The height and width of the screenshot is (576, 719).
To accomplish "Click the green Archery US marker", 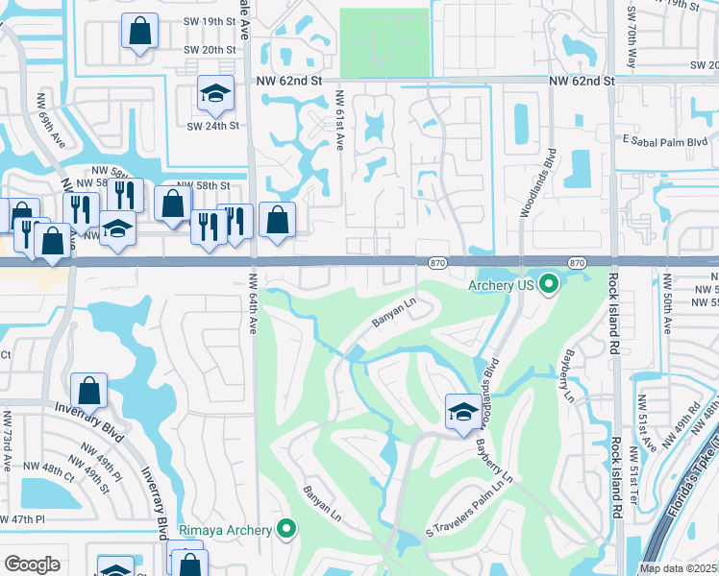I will coord(549,284).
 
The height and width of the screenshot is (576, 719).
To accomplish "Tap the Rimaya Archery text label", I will coord(227,528).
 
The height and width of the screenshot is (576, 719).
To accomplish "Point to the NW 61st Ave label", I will coord(339,121).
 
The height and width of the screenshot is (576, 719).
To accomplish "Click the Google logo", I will coord(32,564).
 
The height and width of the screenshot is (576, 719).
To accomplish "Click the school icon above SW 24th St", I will coord(214,93).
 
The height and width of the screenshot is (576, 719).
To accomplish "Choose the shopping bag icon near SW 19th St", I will coord(139,30).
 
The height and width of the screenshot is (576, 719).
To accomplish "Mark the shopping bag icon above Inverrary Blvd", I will coord(88,390).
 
